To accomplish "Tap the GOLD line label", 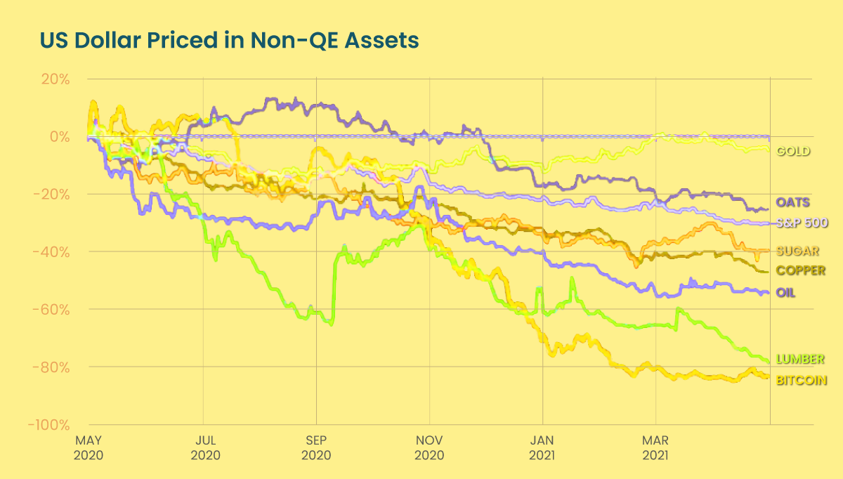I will [793, 151].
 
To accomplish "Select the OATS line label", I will [793, 203].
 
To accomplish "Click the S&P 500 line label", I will [802, 223].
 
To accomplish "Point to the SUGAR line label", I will [797, 251].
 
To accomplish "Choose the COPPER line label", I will [800, 270].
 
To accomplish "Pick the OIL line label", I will [786, 292].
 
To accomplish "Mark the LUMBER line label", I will [800, 360].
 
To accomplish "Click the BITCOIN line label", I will [802, 380].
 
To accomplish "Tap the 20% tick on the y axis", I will [55, 79].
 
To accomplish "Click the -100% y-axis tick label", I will [49, 425].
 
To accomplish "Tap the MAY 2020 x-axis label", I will [89, 448].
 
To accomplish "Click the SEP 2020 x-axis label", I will [316, 448].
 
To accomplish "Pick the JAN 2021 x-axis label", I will [542, 448].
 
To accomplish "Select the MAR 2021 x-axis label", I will [655, 448].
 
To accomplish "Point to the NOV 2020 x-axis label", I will [429, 448].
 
